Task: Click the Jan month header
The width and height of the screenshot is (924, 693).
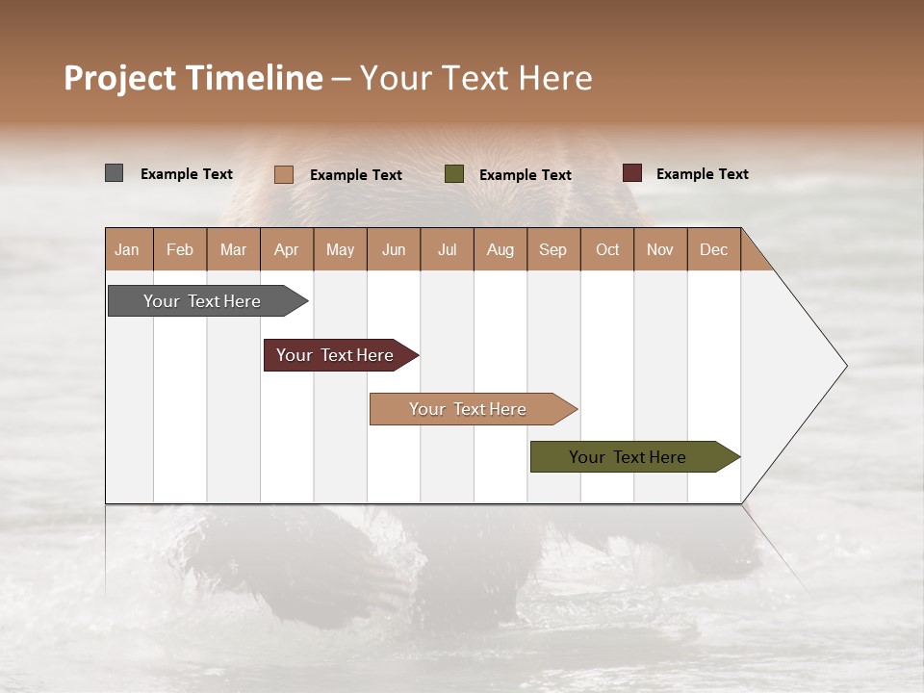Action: pyautogui.click(x=128, y=249)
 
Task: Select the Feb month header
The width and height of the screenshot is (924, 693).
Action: pyautogui.click(x=180, y=249)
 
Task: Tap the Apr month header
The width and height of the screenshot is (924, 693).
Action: pyautogui.click(x=287, y=249)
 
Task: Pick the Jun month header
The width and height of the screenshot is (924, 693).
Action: pyautogui.click(x=394, y=249)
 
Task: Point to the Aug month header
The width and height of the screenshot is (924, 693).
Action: pyautogui.click(x=500, y=249)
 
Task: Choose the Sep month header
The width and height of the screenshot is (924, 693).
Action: pyautogui.click(x=553, y=249)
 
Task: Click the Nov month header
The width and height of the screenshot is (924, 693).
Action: pyautogui.click(x=660, y=249)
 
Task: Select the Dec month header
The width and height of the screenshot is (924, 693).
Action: pyautogui.click(x=714, y=249)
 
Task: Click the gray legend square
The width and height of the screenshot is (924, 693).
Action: pyautogui.click(x=114, y=173)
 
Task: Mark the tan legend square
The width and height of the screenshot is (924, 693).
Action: pyautogui.click(x=283, y=174)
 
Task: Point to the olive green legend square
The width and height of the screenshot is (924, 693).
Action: pyautogui.click(x=454, y=174)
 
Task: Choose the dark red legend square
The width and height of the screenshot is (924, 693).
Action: pyautogui.click(x=632, y=173)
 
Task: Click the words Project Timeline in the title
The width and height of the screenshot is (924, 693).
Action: pyautogui.click(x=193, y=78)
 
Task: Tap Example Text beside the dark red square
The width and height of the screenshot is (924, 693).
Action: pyautogui.click(x=702, y=174)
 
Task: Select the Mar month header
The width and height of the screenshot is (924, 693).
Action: pyautogui.click(x=234, y=249)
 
